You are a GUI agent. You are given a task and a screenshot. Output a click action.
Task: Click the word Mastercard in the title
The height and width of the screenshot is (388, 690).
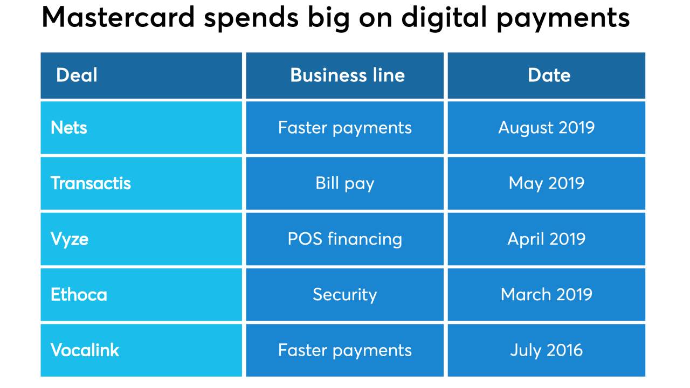[x=118, y=17]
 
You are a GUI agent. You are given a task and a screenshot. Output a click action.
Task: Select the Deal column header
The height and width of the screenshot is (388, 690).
[x=77, y=75]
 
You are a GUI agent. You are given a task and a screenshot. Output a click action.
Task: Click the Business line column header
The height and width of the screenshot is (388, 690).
[x=347, y=75]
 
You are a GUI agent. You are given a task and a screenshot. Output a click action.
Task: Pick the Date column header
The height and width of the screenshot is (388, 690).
[x=549, y=75]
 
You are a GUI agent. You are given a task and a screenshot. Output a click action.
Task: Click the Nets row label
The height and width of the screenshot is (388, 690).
[x=69, y=128]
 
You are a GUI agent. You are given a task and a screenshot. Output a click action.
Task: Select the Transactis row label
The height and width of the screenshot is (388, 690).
[x=91, y=183]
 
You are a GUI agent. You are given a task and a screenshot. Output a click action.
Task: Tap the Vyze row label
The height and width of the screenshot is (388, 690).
[x=70, y=239]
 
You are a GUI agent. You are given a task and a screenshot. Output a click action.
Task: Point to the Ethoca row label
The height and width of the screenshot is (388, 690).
[x=79, y=294]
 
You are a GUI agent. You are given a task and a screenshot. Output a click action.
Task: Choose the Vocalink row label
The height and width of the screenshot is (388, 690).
[x=85, y=350]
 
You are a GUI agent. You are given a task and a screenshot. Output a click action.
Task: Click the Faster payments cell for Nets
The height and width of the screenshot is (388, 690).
[x=345, y=128]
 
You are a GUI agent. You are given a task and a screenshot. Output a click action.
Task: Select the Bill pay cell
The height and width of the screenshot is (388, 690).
[x=345, y=183]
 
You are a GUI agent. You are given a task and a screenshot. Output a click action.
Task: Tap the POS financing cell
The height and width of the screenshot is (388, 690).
[x=345, y=239]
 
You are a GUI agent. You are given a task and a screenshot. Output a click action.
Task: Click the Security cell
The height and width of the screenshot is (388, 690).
[x=345, y=294]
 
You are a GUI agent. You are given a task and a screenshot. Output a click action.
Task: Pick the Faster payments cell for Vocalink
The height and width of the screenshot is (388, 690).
[x=345, y=350]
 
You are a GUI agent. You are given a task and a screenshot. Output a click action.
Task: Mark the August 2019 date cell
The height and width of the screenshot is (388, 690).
[x=547, y=128]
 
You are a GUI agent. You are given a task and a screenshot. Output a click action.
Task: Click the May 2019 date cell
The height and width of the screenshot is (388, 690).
[x=547, y=183]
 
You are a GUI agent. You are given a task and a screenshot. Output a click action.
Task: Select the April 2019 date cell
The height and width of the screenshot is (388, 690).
[x=547, y=239]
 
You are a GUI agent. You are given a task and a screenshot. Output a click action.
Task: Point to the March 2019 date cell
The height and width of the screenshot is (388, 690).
[x=547, y=294]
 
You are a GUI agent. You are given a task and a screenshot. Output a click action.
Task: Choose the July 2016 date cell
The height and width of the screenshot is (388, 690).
[x=547, y=350]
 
